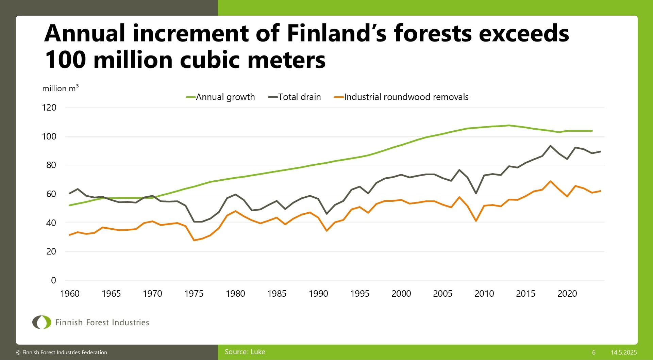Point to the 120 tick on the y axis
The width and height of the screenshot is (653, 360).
(x=49, y=108)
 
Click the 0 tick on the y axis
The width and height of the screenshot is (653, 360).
(x=53, y=280)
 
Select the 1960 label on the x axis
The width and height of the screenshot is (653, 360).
(x=70, y=294)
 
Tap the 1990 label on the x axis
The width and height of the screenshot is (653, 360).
(x=318, y=294)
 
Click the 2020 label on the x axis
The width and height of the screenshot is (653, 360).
(x=567, y=294)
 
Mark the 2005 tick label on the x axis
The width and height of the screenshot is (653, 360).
(x=442, y=294)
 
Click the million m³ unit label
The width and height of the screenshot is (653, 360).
(x=60, y=88)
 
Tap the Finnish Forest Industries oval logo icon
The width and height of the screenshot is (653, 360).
(x=41, y=322)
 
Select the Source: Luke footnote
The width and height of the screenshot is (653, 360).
(x=245, y=352)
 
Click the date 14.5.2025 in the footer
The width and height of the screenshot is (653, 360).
(x=623, y=353)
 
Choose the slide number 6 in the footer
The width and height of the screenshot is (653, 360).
(x=594, y=353)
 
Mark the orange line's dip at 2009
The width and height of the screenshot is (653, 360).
(x=476, y=221)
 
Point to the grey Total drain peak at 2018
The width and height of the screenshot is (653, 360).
(x=550, y=146)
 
